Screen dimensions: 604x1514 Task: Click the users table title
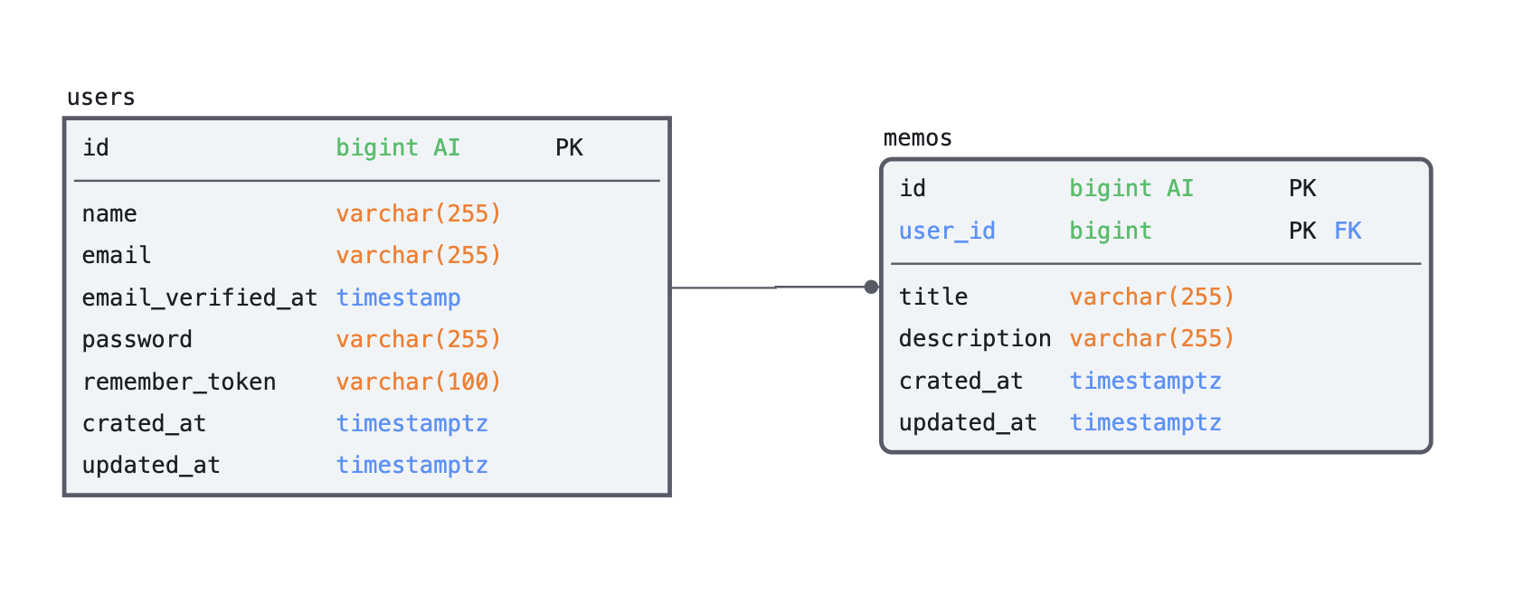tap(100, 98)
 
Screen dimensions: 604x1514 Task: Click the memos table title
tap(917, 138)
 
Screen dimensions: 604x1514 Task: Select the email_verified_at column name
tap(199, 297)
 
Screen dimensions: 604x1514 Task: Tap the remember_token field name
tap(178, 382)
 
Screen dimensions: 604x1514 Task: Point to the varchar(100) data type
tap(418, 382)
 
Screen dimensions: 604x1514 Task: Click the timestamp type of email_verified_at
tap(398, 297)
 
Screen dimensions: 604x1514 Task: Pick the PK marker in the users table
tap(569, 147)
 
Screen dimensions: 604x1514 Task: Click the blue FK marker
tap(1348, 231)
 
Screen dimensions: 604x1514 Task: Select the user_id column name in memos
tap(946, 231)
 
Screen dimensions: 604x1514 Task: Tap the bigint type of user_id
tap(1110, 231)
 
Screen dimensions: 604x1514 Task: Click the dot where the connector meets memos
tap(871, 287)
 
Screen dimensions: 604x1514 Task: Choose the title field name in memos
tap(932, 297)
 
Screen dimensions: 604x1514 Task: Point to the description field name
tap(974, 338)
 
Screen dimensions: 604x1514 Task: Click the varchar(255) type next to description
tap(1151, 338)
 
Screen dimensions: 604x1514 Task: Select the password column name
tap(137, 339)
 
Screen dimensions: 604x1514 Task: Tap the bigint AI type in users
tap(397, 147)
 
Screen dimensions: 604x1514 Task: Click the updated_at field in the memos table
tap(967, 422)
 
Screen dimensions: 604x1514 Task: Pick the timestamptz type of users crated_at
tap(412, 423)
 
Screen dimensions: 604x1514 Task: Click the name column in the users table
tap(109, 213)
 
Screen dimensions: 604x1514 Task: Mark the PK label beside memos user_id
tap(1301, 231)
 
